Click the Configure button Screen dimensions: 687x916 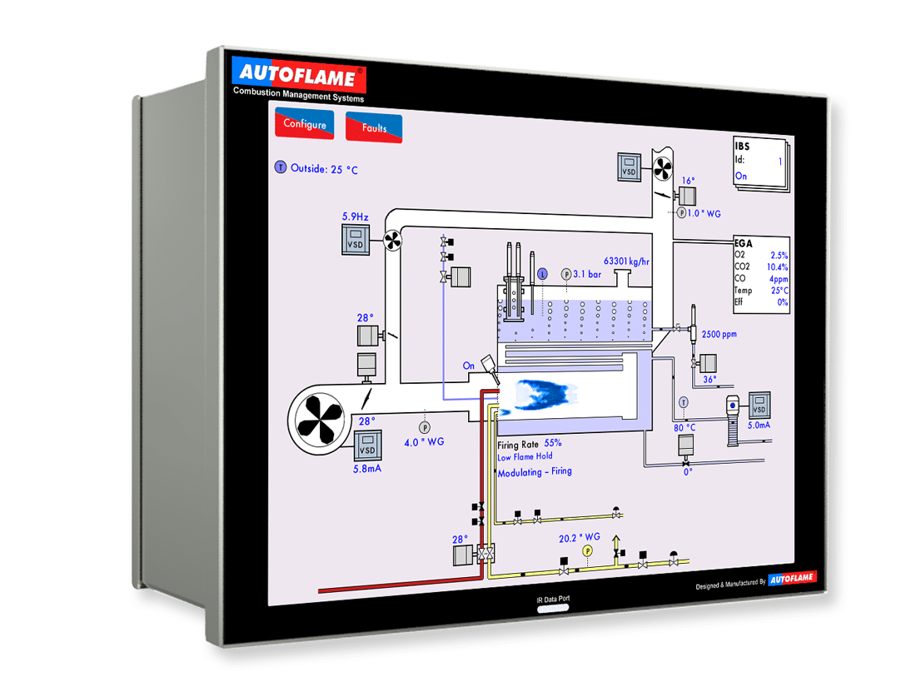tap(304, 124)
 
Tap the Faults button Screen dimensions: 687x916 tap(374, 128)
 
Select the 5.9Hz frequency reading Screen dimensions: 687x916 tap(355, 217)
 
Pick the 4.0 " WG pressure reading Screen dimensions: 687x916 tap(424, 442)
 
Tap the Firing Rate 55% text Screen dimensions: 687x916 tap(530, 443)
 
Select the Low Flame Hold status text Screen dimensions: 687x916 tap(525, 456)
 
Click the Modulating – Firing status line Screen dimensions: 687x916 tap(535, 472)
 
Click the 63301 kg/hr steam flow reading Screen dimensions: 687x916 tap(626, 261)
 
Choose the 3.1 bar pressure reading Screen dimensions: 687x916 tap(587, 273)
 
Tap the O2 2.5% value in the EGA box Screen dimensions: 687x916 tap(761, 255)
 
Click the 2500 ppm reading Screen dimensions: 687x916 tap(719, 334)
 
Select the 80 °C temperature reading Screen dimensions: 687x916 tap(685, 428)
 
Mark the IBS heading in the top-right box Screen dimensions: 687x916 tap(742, 147)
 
